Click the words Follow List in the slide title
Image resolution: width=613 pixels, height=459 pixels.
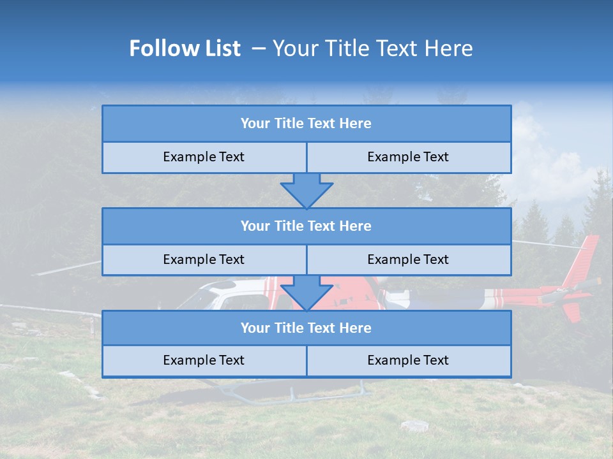coord(185,48)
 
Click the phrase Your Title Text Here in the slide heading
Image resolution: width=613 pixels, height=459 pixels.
coord(372,48)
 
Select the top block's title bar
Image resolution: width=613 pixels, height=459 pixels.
coord(306,124)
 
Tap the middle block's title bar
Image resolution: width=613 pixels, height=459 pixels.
coord(306,226)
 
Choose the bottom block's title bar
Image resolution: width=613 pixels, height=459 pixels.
coord(306,328)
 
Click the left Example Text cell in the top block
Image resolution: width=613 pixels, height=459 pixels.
coord(204,157)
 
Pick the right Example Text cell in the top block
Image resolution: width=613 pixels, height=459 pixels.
coord(408,157)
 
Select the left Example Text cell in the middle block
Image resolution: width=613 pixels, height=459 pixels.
coord(204,259)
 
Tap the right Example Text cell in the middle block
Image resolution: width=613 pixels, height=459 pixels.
coord(408,259)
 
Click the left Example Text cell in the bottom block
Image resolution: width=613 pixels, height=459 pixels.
coord(204,360)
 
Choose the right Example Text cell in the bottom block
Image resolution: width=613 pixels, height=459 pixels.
coord(408,360)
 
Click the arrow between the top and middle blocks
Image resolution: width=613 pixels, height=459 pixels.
coord(306,190)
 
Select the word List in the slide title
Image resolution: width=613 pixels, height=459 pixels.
coord(221,48)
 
